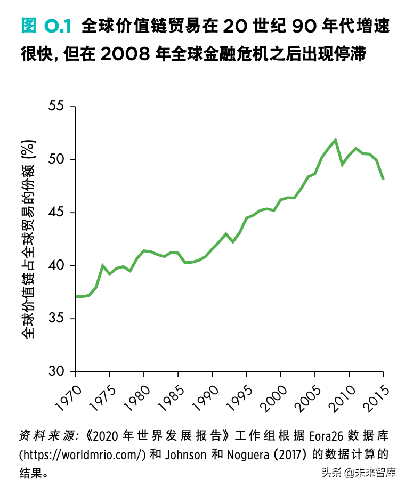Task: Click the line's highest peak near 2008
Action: click(336, 140)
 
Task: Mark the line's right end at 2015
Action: click(383, 179)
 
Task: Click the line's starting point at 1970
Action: click(76, 296)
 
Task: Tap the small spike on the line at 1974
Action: click(103, 265)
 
